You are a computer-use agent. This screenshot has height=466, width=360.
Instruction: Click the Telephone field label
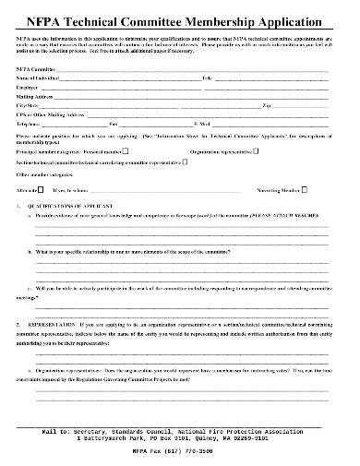(30, 123)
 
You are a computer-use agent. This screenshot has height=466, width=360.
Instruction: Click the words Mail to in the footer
(59, 430)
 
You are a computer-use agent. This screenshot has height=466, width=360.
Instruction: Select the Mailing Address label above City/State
(36, 97)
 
